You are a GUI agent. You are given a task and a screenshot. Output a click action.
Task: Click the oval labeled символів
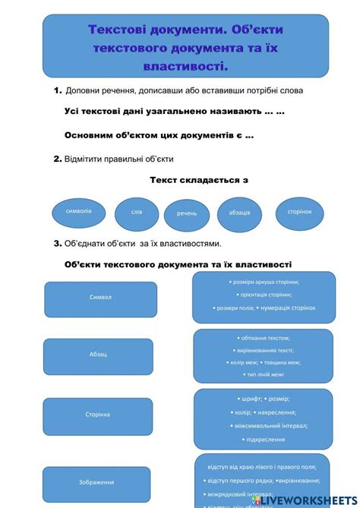click(x=79, y=211)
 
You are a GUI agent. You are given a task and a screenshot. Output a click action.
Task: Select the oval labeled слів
click(x=137, y=213)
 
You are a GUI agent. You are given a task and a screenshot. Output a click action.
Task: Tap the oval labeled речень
click(x=187, y=214)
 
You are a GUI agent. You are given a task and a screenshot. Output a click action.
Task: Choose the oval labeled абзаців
click(x=239, y=213)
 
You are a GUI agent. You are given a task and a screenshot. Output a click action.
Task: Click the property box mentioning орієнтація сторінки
click(x=264, y=295)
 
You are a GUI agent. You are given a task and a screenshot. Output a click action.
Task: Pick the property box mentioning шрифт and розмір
click(x=264, y=418)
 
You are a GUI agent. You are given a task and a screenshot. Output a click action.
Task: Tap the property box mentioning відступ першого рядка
click(x=264, y=481)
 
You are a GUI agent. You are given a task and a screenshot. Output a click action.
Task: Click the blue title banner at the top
click(x=186, y=47)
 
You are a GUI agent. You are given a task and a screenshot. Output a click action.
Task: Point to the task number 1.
click(x=57, y=90)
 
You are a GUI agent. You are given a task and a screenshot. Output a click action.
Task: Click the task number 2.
click(x=57, y=159)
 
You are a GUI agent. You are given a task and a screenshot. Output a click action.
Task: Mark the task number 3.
click(x=57, y=244)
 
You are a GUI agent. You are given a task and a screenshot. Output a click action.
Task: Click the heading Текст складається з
click(x=199, y=181)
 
